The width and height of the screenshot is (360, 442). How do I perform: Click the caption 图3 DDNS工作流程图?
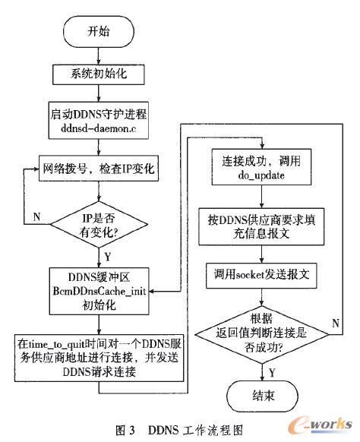coord(179,428)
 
